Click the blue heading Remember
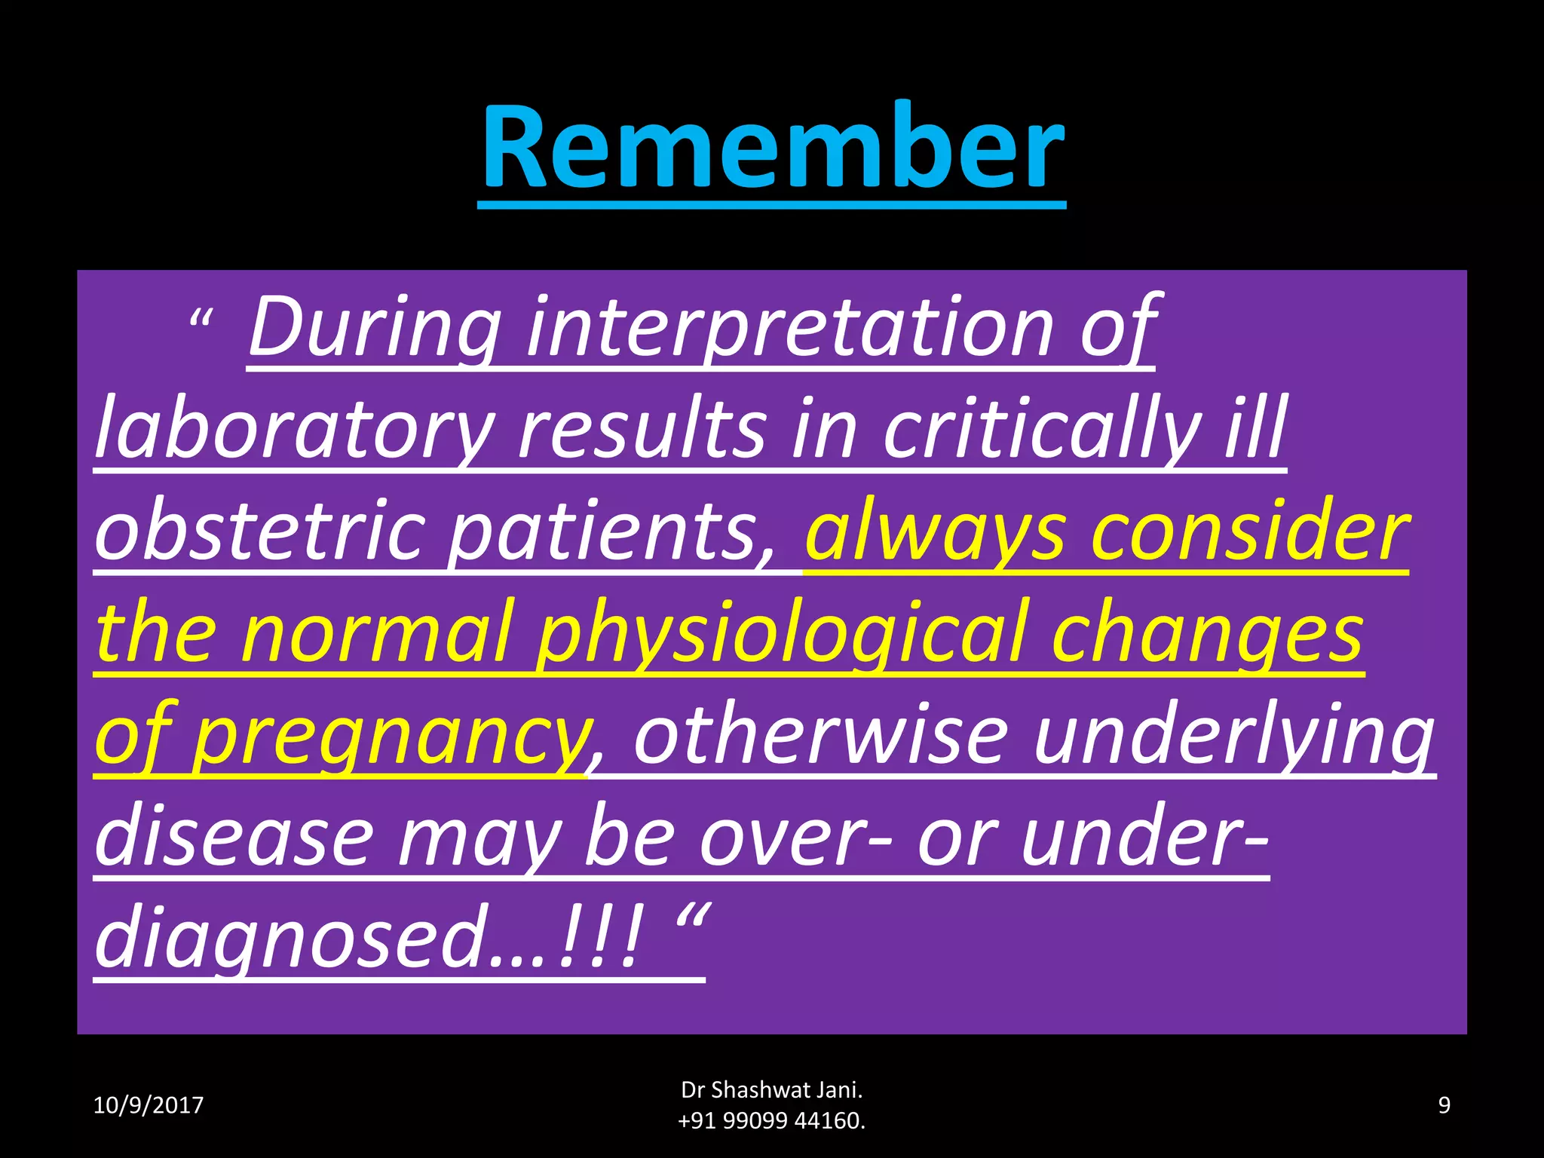click(772, 147)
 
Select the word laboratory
click(295, 430)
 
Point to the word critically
click(1041, 430)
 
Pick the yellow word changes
click(1206, 633)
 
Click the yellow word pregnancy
click(390, 735)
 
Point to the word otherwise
click(820, 735)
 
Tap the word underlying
click(1233, 735)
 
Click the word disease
click(234, 837)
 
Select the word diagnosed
click(290, 939)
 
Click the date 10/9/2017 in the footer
click(148, 1105)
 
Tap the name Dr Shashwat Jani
click(771, 1090)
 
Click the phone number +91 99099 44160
click(771, 1121)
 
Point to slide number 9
click(1444, 1105)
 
